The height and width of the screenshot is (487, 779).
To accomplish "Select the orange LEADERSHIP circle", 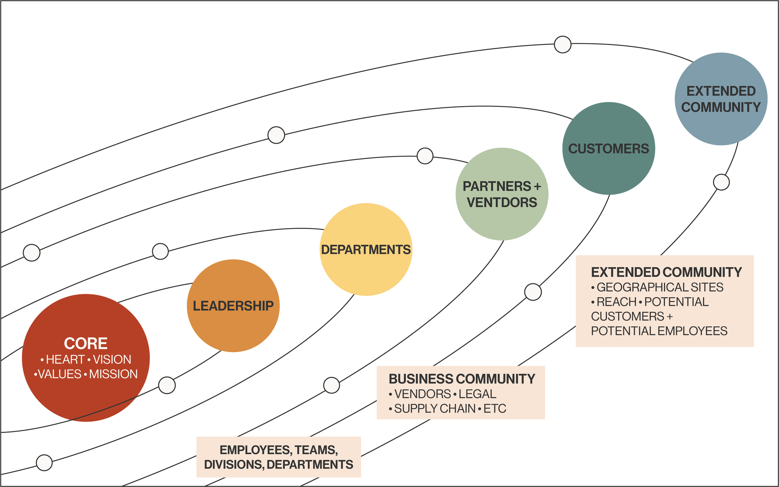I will coord(233,306).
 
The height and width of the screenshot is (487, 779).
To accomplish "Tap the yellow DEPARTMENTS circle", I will coord(366,250).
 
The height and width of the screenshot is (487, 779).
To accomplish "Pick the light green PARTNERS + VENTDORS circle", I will coord(502,194).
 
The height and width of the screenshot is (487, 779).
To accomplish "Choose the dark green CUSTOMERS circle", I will coord(609,149).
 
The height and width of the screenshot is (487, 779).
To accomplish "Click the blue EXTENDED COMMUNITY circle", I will coord(721,99).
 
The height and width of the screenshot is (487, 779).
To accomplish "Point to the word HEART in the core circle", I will coord(65,359).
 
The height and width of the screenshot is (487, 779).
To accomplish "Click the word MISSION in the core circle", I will coord(113,374).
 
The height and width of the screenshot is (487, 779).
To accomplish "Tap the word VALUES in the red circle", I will coord(60,374).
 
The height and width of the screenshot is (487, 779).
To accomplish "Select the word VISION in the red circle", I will coord(112,359).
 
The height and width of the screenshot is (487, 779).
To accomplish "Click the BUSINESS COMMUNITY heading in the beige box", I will coord(462,379).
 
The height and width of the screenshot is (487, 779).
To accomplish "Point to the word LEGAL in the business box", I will coord(477,394).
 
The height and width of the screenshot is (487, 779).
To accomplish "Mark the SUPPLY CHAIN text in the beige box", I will coord(435,409).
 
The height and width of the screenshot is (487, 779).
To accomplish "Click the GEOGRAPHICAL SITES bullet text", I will coord(660,287).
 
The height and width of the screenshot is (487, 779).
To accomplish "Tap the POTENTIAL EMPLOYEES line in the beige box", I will coord(659,331).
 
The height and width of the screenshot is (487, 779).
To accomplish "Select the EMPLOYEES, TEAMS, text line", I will coord(279,450).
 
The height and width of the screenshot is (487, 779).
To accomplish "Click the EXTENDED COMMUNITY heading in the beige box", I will coord(666,272).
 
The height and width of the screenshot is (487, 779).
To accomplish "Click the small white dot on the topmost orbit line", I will coord(562,45).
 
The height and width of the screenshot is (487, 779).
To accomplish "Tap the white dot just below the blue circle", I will coord(721,182).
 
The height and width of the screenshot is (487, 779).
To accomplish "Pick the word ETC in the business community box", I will coord(495,409).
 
